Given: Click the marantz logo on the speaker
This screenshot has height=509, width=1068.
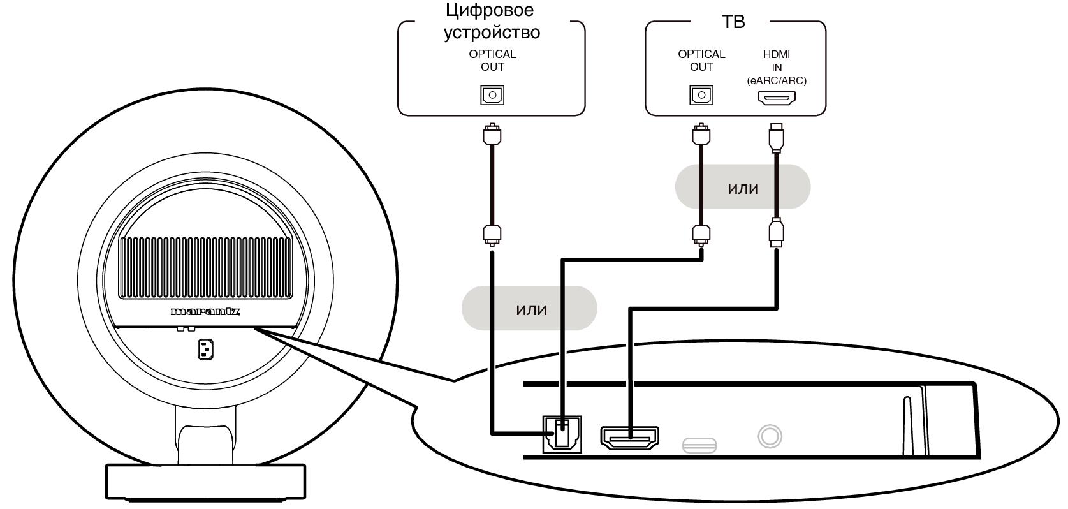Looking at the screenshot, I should (x=205, y=312).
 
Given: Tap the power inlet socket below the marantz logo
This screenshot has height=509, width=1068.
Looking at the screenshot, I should (x=205, y=349).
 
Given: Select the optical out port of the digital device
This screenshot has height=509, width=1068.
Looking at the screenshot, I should (x=492, y=95).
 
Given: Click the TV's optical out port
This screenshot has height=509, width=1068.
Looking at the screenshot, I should (x=701, y=95).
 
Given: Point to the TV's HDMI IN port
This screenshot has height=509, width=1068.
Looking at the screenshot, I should (x=777, y=98).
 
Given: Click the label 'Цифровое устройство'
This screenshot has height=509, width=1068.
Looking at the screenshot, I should (x=492, y=21).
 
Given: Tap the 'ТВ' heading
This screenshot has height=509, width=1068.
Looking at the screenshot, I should (x=733, y=22).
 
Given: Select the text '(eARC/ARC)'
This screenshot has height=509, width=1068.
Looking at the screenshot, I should (x=777, y=81).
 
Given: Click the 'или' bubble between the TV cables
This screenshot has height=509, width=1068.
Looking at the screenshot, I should (x=743, y=188).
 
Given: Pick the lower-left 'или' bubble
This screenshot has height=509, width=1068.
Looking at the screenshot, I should (x=530, y=309).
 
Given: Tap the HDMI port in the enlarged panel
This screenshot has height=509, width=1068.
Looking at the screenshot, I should (x=629, y=437).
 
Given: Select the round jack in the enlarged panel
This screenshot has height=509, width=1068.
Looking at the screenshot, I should (x=770, y=437).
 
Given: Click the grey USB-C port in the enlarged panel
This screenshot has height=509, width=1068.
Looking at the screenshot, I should (x=699, y=445).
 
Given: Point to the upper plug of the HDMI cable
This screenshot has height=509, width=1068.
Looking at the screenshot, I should (x=776, y=137).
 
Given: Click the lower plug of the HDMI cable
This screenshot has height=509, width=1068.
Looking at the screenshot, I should (x=776, y=233).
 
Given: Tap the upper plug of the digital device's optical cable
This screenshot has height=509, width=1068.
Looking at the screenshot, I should (x=491, y=135).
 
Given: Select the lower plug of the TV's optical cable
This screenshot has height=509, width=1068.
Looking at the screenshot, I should (x=701, y=233).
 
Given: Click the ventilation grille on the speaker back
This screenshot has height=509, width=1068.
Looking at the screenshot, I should (x=205, y=268).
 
